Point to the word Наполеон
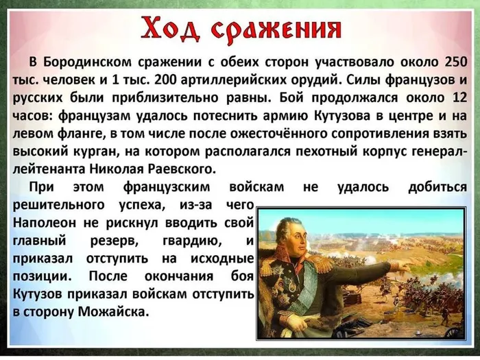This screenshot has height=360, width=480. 47,224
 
